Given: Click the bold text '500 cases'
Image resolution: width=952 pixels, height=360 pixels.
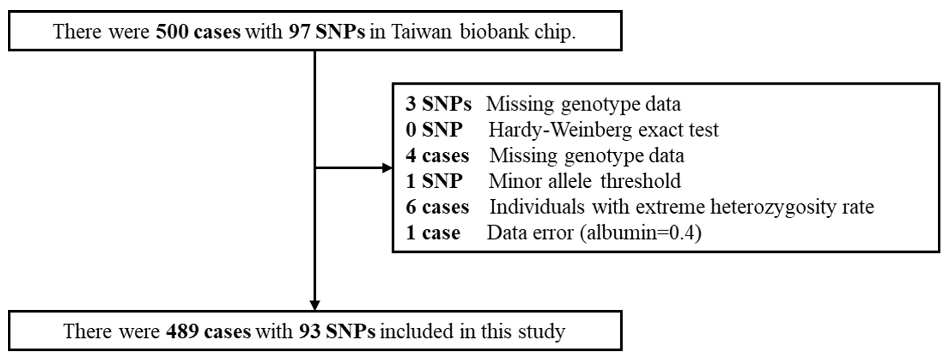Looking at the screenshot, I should point(198,32).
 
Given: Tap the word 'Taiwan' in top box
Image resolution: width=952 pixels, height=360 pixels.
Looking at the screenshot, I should point(421,32).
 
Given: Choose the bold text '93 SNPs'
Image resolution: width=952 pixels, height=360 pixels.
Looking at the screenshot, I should point(337,331).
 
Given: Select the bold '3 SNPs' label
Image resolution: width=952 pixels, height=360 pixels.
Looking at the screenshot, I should point(438,104).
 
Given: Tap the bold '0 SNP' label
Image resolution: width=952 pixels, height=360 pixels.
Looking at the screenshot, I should point(434,130).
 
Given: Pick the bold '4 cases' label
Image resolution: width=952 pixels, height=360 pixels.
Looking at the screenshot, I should point(437,156).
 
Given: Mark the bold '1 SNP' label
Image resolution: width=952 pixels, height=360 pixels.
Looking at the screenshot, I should point(434,181).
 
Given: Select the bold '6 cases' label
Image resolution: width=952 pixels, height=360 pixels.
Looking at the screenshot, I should point(437,207).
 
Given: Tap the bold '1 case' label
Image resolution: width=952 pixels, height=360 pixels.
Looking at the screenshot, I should point(433,233).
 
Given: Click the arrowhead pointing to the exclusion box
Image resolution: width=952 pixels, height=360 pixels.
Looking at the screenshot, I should point(387,168).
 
